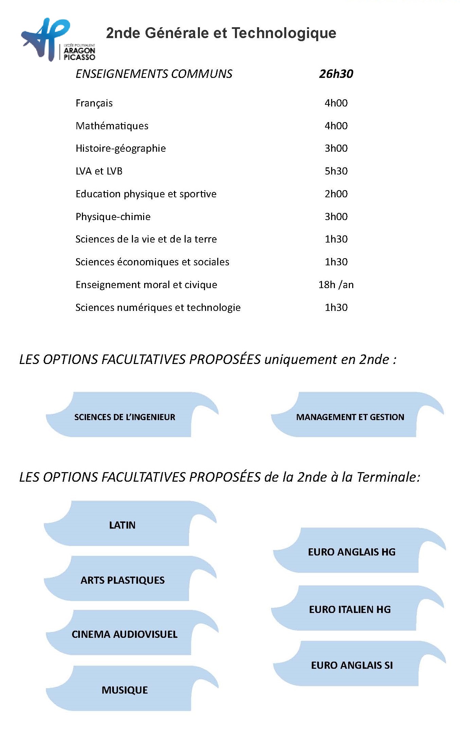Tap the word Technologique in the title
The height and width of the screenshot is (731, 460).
point(284,33)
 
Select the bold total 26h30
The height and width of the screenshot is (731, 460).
point(336,74)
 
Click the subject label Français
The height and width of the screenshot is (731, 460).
point(94,103)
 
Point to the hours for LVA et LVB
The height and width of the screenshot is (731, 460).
point(336,171)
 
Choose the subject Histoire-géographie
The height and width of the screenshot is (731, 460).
point(121,148)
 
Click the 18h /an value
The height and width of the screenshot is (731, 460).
point(336,285)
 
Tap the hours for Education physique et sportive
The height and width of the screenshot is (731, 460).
point(336,194)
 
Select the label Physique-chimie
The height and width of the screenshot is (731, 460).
point(113,217)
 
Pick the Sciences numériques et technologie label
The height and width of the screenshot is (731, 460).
point(158,308)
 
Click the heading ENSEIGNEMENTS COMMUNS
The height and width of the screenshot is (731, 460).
point(154,74)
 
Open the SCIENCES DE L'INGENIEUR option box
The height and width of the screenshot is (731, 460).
point(125,417)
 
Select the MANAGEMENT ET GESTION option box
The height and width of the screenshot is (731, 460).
point(350,417)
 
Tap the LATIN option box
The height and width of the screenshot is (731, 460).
point(122,525)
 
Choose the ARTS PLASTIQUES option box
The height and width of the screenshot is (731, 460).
point(122,580)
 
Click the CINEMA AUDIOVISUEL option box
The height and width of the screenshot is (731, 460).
point(124,634)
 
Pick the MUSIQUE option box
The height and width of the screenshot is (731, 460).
point(125,690)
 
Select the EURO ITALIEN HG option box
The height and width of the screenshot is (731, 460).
point(350,610)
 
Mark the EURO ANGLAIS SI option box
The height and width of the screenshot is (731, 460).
point(352,665)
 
